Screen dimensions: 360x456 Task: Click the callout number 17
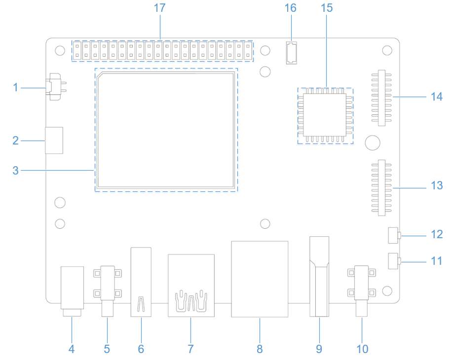[x=159, y=8]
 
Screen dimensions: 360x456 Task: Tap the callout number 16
[x=291, y=8]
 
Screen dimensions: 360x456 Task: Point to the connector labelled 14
[x=381, y=97]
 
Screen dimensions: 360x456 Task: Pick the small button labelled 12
[x=393, y=235]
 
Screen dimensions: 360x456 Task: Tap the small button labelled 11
[x=393, y=261]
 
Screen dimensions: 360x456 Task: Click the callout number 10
[x=362, y=349]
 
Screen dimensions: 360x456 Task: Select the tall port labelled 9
[x=319, y=276]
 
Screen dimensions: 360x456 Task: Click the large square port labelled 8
[x=260, y=279]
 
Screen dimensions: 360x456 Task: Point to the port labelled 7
[x=191, y=285]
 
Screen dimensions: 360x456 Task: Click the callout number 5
[x=107, y=349]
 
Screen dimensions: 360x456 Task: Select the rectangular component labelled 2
[x=54, y=140]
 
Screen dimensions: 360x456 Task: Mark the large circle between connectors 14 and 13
[x=373, y=143]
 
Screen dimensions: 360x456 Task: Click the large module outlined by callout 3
[x=166, y=130]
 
